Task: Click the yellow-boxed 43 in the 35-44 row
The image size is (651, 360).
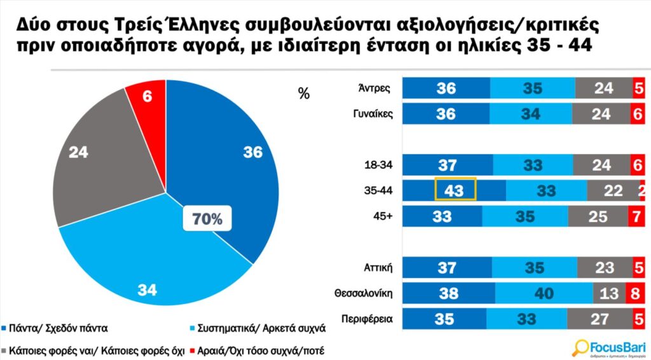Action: [x=455, y=190]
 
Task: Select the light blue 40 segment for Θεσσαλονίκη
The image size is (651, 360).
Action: [x=544, y=294]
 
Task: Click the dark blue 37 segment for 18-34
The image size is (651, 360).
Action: [x=448, y=165]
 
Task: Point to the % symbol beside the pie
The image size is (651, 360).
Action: [x=304, y=93]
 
